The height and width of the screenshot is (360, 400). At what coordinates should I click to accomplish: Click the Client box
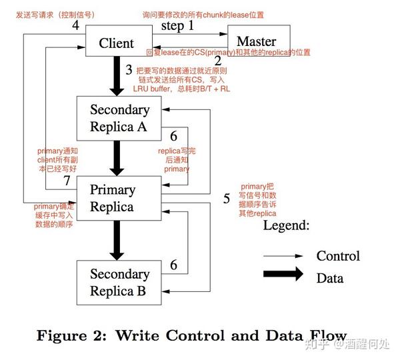(117, 43)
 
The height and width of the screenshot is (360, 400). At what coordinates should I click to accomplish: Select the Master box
(257, 41)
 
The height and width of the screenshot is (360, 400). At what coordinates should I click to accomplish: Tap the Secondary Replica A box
(120, 117)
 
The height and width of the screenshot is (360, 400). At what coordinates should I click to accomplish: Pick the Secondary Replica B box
(120, 281)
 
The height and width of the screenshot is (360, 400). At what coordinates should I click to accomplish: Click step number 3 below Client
(129, 68)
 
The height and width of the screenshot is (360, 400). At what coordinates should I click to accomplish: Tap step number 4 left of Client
(75, 25)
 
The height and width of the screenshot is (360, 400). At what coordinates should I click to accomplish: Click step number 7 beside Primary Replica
(67, 181)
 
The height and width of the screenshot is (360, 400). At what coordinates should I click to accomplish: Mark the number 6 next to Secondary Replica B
(173, 265)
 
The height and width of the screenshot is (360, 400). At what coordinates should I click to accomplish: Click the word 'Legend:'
(286, 225)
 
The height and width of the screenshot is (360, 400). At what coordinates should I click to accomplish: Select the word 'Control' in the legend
(337, 256)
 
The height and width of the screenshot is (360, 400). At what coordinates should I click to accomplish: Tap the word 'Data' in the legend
(329, 277)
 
